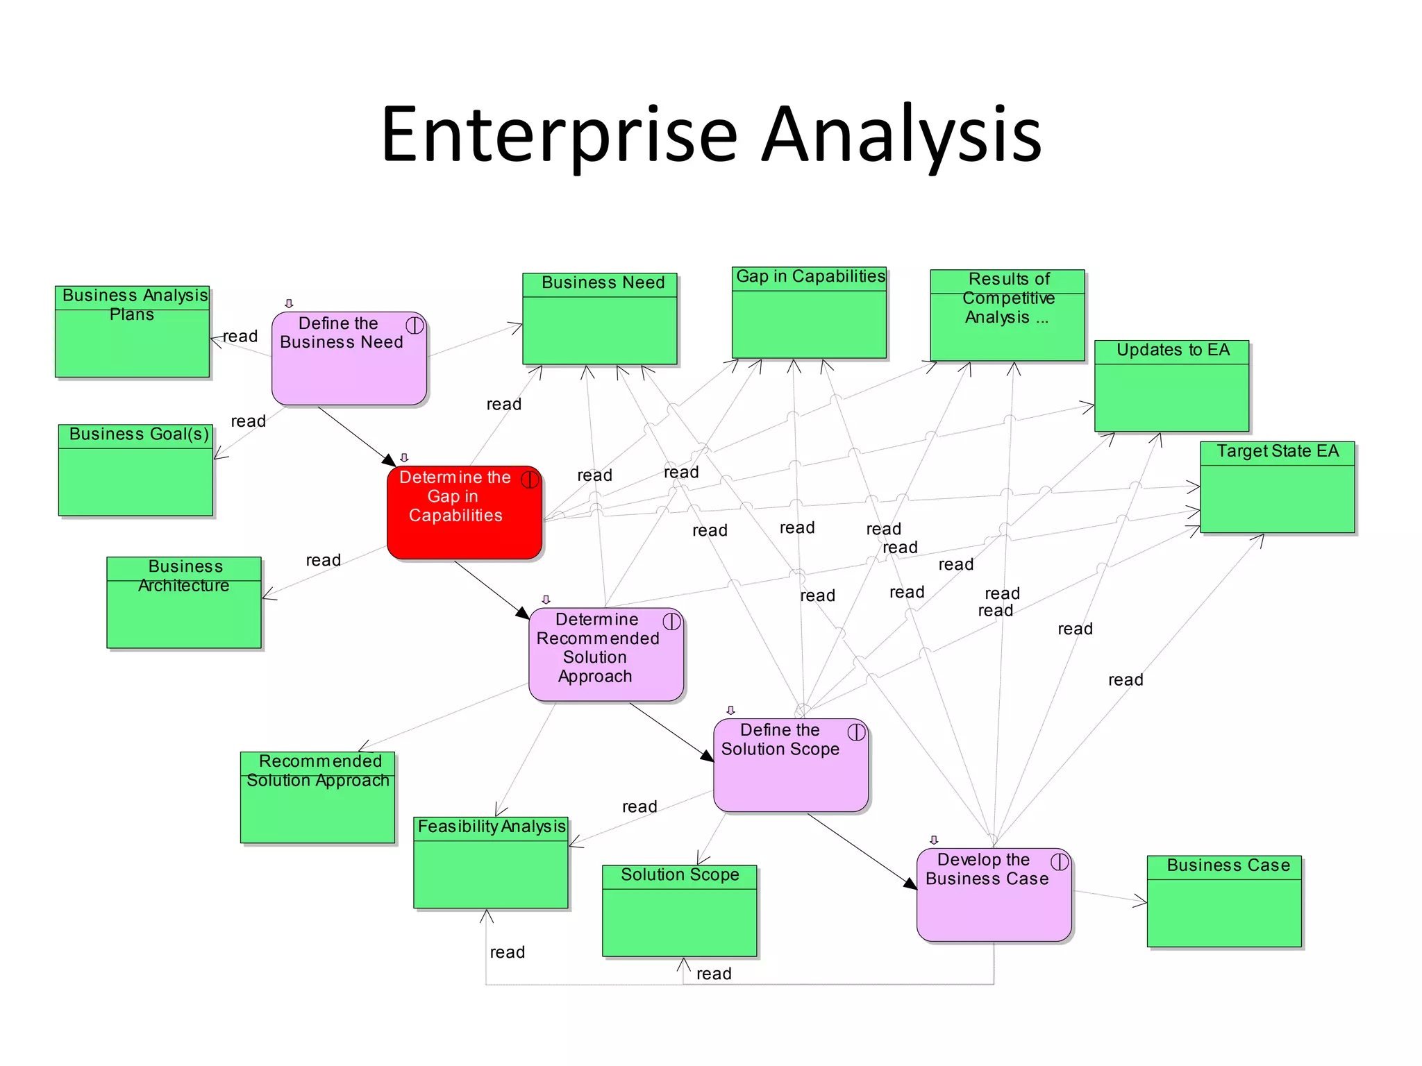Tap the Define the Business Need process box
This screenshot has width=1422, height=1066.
point(349,358)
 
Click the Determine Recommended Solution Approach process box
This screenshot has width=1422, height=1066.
point(605,654)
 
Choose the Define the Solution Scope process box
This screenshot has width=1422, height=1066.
point(790,765)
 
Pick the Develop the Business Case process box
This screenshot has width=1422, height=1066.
point(994,895)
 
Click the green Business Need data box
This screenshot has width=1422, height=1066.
point(599,319)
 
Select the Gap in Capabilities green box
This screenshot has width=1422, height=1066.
point(809,313)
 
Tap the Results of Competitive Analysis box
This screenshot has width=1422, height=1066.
point(1007,316)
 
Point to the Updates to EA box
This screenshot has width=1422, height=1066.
point(1171,386)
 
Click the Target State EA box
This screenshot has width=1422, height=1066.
point(1277,487)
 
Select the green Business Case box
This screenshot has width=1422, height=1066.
point(1224,902)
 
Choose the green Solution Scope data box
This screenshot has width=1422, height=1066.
point(679,911)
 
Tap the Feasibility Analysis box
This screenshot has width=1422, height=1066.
point(490,863)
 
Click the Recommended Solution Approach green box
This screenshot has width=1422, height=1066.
point(317,797)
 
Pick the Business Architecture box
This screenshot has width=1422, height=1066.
point(184,602)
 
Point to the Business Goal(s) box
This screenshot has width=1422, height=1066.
point(135,471)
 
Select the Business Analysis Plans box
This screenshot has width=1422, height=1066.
point(132,332)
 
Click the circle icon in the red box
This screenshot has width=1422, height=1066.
point(530,480)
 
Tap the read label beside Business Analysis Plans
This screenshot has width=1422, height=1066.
point(240,337)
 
